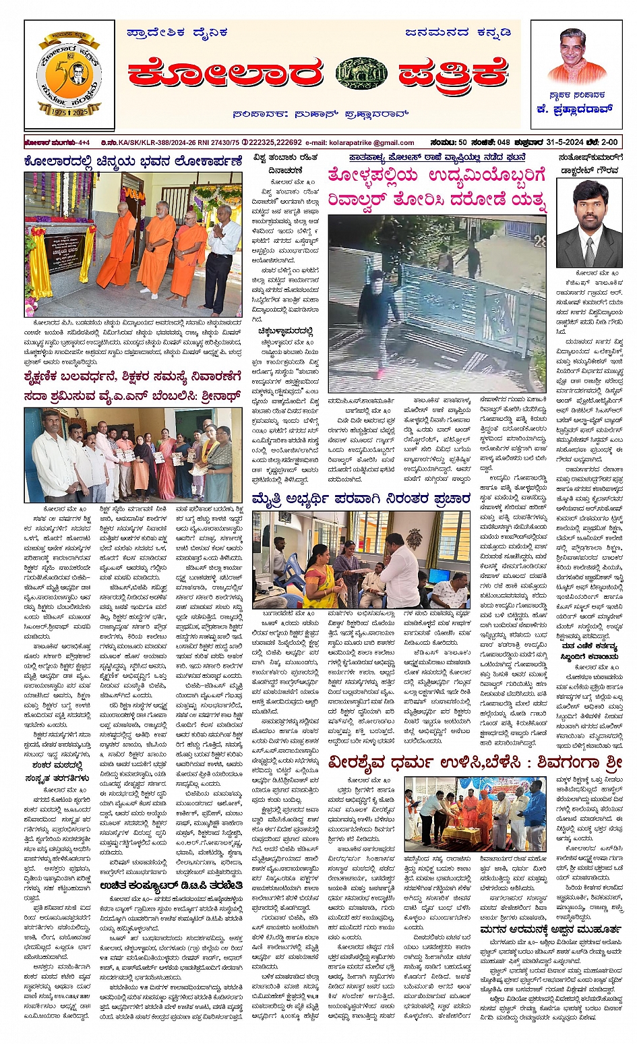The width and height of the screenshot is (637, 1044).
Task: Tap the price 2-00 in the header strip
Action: (609, 142)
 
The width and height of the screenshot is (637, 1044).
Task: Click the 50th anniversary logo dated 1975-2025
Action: (68, 74)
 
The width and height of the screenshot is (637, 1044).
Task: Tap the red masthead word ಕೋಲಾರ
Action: (226, 73)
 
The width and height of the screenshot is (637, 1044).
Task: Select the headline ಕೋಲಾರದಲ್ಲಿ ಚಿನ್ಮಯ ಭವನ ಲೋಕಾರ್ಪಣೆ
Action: (132, 162)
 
